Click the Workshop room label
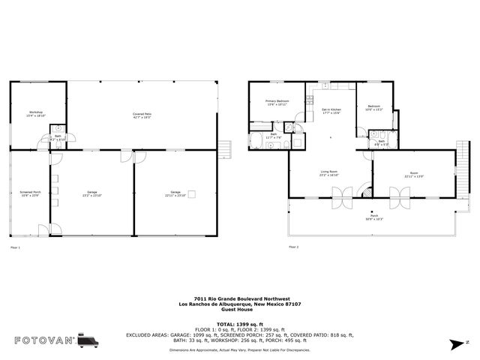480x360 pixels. click(36, 115)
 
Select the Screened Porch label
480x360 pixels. click(31, 193)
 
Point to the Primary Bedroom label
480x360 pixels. click(277, 103)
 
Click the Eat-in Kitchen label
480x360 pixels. click(331, 111)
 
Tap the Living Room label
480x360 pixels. click(330, 174)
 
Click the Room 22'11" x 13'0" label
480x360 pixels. click(414, 175)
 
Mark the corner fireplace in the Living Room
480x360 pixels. click(367, 192)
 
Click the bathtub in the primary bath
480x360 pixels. click(256, 142)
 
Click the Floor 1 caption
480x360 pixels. click(15, 247)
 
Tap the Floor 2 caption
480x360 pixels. click(294, 247)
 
